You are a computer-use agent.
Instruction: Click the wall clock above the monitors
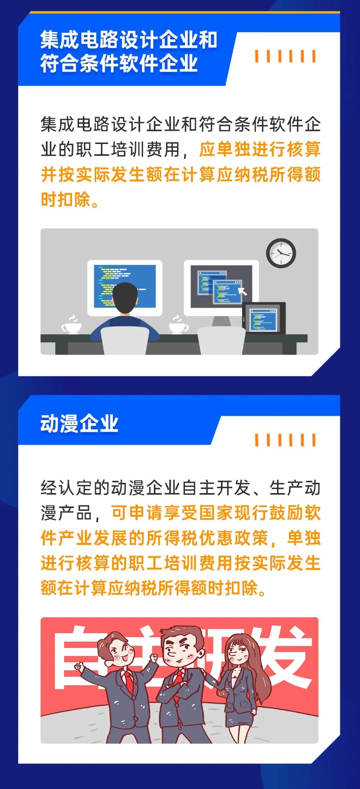pyautogui.click(x=281, y=253)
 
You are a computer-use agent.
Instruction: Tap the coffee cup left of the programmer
pyautogui.click(x=72, y=327)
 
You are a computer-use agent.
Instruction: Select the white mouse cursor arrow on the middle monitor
pyautogui.click(x=242, y=291)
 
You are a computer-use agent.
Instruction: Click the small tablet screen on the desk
pyautogui.click(x=264, y=319)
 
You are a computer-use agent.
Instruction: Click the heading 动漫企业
pyautogui.click(x=79, y=424)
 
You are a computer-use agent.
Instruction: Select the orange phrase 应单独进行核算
pyautogui.click(x=260, y=149)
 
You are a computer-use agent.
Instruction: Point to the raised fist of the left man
pyautogui.click(x=79, y=667)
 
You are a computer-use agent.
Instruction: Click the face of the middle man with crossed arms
pyautogui.click(x=179, y=653)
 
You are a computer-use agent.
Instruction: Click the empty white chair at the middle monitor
pyautogui.click(x=220, y=340)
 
